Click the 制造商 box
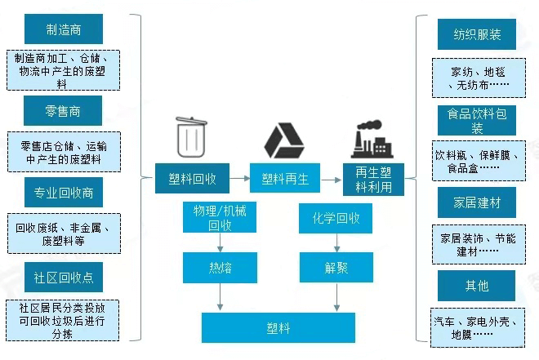click(64, 30)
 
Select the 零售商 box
click(64, 110)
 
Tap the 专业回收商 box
click(64, 193)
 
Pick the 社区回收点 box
click(64, 277)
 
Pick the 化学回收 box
click(336, 219)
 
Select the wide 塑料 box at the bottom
click(278, 328)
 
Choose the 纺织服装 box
click(477, 35)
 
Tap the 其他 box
click(477, 286)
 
